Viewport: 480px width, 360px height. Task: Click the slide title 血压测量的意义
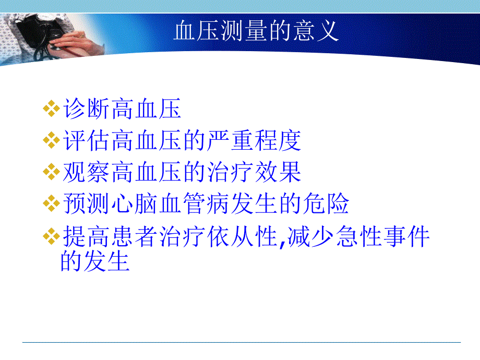pos(256,32)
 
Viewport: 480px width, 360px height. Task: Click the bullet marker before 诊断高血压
pos(51,110)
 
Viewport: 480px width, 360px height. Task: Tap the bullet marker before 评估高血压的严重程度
pos(51,140)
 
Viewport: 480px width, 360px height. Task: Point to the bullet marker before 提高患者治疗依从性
pos(51,237)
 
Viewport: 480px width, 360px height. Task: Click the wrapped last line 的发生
pos(95,261)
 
